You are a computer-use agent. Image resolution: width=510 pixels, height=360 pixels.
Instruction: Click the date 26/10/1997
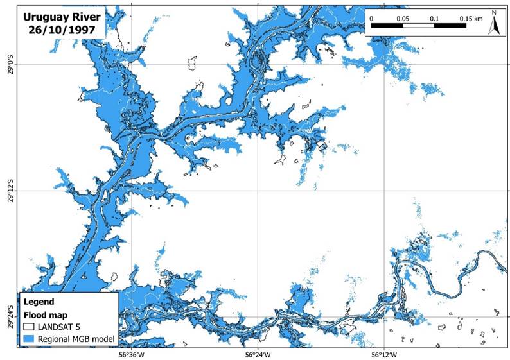pyautogui.click(x=55, y=30)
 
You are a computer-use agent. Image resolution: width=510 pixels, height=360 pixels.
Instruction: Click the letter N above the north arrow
pyautogui.click(x=495, y=13)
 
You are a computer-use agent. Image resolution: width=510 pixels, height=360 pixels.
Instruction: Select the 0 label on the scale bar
pyautogui.click(x=372, y=18)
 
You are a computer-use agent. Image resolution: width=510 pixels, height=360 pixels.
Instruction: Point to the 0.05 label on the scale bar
pyautogui.click(x=403, y=18)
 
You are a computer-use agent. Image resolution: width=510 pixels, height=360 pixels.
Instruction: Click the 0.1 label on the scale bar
pyautogui.click(x=434, y=18)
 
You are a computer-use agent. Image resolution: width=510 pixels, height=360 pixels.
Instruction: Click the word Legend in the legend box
pyautogui.click(x=40, y=301)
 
